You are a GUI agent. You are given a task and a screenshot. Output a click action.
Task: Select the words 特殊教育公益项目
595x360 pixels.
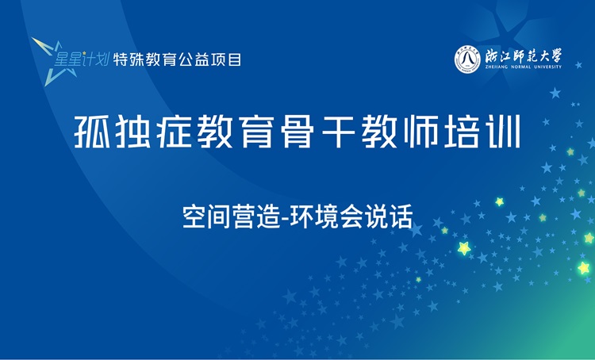178,59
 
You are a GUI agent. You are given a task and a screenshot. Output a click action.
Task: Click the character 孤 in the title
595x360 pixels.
92,132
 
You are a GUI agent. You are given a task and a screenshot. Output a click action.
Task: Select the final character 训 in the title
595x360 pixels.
504,132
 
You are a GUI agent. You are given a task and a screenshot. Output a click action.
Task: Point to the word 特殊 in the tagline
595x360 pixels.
129,59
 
